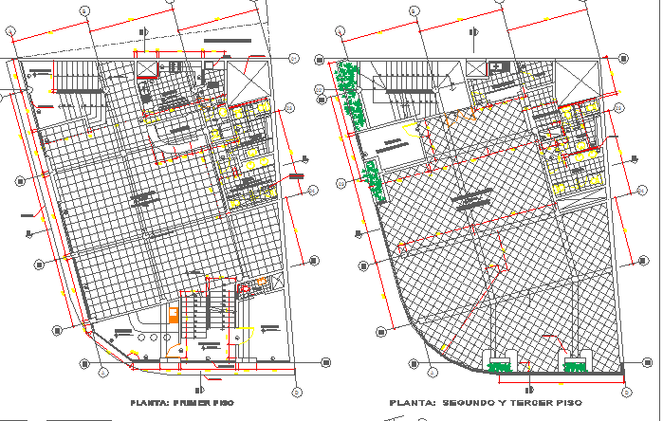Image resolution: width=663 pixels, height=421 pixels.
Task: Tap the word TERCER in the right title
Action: click(544, 403)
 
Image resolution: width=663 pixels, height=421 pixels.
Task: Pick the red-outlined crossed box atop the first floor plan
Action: click(148, 64)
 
